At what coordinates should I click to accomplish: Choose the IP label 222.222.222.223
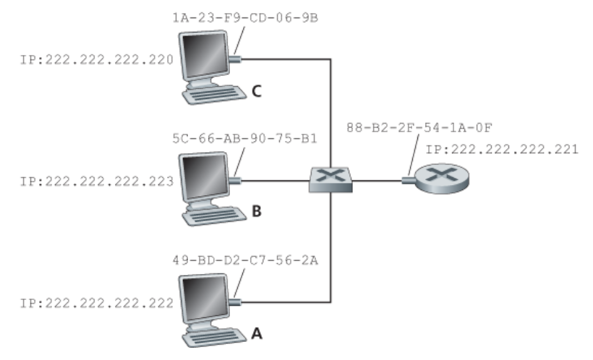pos(87,181)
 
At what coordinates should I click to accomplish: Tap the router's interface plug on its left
pos(409,180)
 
